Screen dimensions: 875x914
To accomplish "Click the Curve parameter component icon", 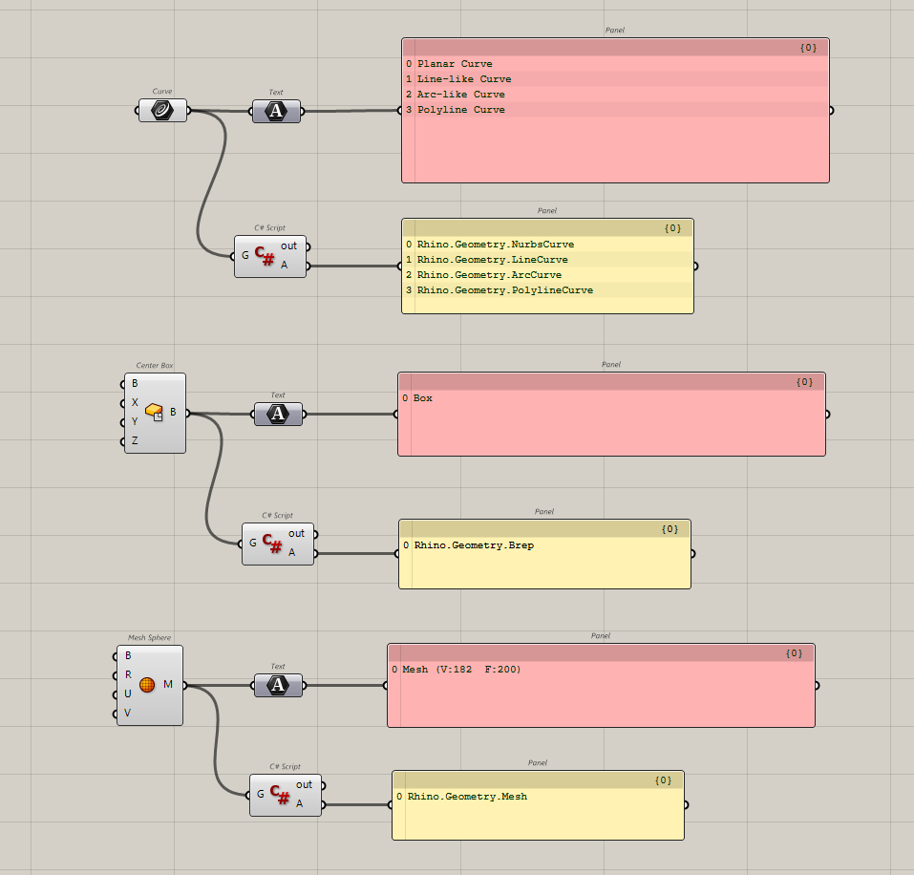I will pyautogui.click(x=162, y=111).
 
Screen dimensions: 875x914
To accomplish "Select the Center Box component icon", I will pyautogui.click(x=155, y=413).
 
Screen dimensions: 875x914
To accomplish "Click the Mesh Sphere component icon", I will pyautogui.click(x=147, y=685).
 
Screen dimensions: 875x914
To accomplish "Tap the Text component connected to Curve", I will pyautogui.click(x=276, y=112).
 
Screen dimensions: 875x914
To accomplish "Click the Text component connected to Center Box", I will pyautogui.click(x=278, y=414).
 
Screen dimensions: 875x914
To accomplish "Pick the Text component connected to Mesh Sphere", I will pyautogui.click(x=278, y=685).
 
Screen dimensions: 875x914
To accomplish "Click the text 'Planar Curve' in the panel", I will pyautogui.click(x=455, y=64).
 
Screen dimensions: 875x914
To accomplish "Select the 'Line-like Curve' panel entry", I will pyautogui.click(x=463, y=79).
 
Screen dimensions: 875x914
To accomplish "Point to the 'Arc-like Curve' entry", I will pyautogui.click(x=460, y=95).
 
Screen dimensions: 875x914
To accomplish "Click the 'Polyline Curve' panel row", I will pyautogui.click(x=460, y=110).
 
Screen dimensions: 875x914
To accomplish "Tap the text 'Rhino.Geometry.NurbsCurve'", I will pyautogui.click(x=495, y=245).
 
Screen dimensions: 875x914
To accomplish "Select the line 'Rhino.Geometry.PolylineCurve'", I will pyautogui.click(x=504, y=290).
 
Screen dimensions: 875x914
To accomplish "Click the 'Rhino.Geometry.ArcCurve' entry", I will pyautogui.click(x=489, y=275).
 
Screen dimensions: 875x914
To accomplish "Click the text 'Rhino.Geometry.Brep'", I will pyautogui.click(x=474, y=545).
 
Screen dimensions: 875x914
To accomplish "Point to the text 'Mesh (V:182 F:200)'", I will pyautogui.click(x=461, y=670).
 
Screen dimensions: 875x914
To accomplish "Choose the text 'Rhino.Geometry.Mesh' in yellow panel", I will pyautogui.click(x=467, y=797).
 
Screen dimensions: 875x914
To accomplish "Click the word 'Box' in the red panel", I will pyautogui.click(x=422, y=398).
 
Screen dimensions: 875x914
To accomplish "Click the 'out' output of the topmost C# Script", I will pyautogui.click(x=289, y=246).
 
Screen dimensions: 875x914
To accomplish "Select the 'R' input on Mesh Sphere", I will pyautogui.click(x=128, y=674).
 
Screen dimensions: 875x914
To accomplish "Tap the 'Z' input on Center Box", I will pyautogui.click(x=135, y=441).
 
